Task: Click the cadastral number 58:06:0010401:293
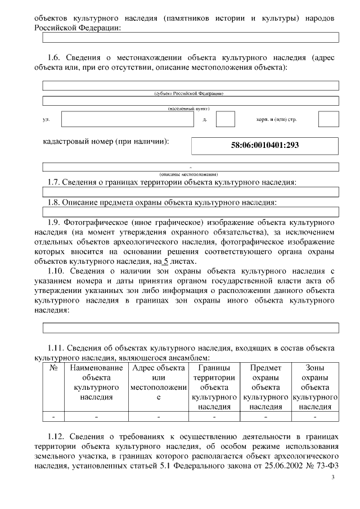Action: click(265, 145)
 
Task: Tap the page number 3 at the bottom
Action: click(332, 478)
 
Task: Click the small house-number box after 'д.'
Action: click(225, 119)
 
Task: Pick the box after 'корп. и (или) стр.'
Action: click(328, 119)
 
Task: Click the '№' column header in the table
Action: click(54, 368)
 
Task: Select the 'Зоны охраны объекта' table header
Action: click(314, 388)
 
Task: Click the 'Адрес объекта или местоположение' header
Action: click(158, 382)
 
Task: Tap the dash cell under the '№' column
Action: click(54, 417)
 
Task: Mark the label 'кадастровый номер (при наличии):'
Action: click(106, 142)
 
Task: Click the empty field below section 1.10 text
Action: click(191, 328)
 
